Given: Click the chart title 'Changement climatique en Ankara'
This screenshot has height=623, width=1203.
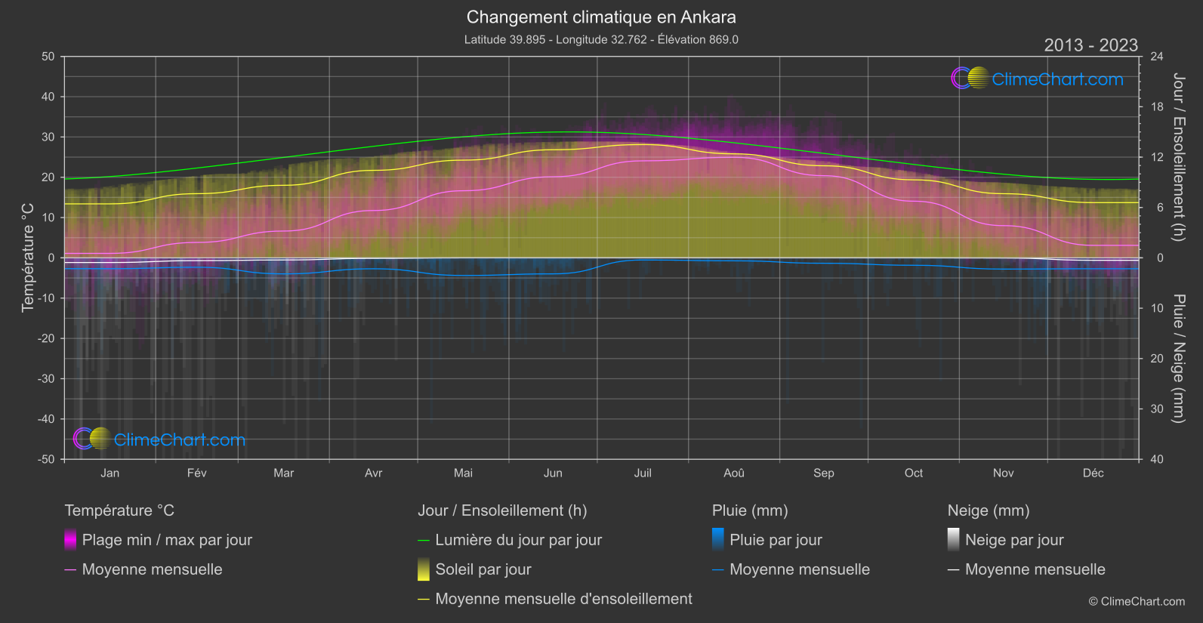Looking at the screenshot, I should coord(601,17).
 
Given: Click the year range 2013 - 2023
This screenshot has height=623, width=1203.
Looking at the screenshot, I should coord(1090,45).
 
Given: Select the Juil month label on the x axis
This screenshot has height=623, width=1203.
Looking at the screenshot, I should coord(643,473).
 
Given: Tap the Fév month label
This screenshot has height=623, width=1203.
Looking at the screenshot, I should coord(196,473).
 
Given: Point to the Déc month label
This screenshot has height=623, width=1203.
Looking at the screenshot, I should coord(1093,473).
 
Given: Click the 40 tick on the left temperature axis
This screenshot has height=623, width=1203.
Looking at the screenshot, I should coord(48,97).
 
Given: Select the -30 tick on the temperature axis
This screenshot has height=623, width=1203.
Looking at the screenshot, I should coord(47,378).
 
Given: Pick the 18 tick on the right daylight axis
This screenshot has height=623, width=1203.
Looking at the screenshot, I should coord(1157,106).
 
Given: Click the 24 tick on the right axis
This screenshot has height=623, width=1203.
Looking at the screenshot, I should coord(1157,57).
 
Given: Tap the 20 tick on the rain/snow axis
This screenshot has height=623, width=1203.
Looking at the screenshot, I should coord(1157,359).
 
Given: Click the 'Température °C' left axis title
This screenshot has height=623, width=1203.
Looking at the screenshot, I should coord(28,258).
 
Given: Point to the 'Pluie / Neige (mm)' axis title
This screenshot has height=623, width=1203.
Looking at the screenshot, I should coord(1178,358).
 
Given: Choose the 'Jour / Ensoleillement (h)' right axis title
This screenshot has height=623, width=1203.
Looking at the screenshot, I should coord(1178,157).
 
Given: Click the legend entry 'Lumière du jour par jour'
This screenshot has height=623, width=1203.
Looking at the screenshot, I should coord(518,540).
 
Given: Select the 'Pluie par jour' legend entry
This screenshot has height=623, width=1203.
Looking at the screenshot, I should coord(776,540).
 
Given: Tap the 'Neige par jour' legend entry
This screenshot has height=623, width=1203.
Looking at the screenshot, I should coord(1014,540).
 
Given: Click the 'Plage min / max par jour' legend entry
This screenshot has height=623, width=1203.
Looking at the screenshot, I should coord(167,540).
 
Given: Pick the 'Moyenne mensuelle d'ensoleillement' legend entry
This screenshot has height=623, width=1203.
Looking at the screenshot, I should coord(563,599).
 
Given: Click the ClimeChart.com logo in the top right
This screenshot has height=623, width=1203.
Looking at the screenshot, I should coord(1038,79).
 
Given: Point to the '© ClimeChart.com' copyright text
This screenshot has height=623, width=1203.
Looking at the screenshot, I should coord(1137,602).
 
